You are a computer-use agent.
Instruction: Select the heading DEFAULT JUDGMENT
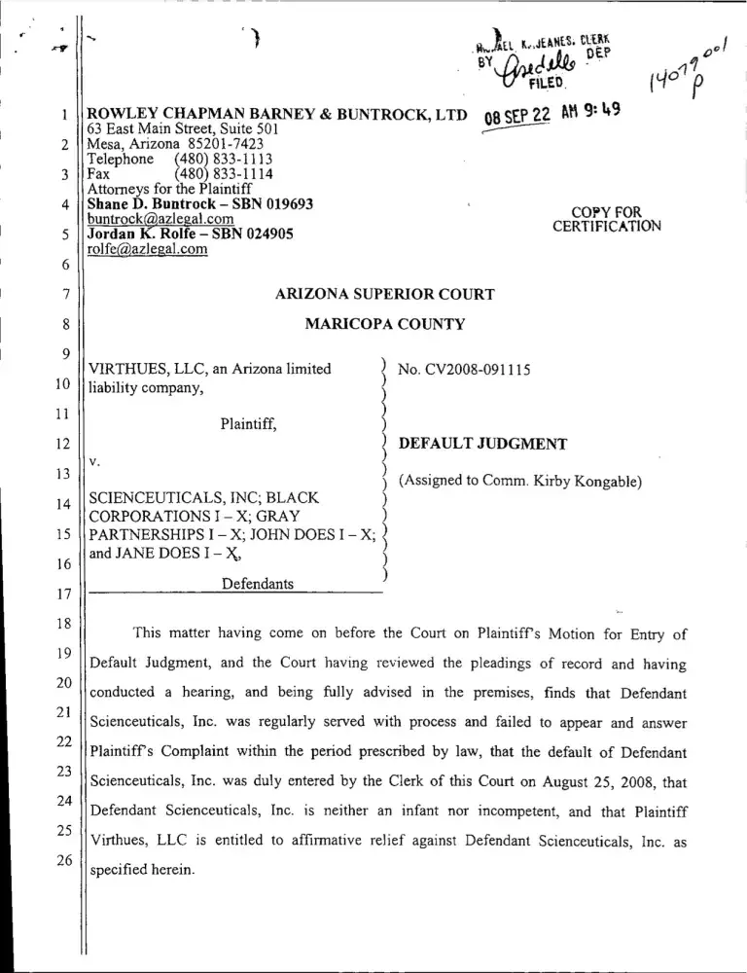(483, 444)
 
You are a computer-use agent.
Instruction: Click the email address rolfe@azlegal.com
(148, 249)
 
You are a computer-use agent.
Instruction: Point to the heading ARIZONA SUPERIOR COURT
(385, 294)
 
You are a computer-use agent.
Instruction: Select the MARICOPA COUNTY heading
(385, 324)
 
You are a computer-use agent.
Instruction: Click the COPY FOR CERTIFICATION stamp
(607, 220)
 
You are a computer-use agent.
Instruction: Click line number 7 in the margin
(63, 294)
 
